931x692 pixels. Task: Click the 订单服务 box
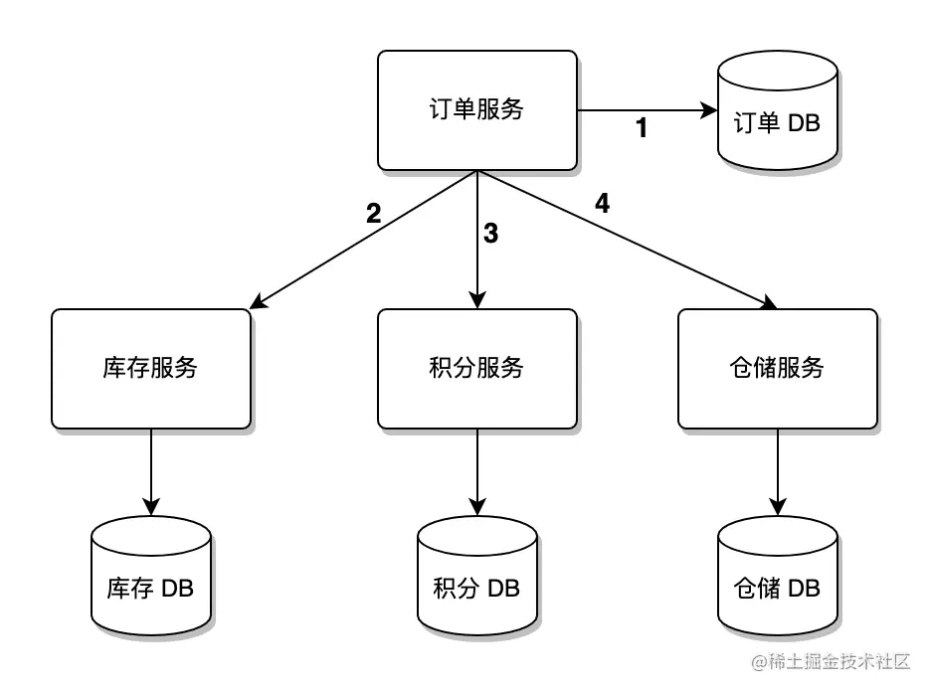click(x=477, y=109)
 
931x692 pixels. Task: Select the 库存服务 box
click(x=150, y=368)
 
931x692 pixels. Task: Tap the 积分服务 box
click(x=477, y=368)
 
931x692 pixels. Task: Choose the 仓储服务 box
click(x=777, y=368)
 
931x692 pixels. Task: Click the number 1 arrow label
click(x=642, y=128)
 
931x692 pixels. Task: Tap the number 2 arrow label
click(x=373, y=213)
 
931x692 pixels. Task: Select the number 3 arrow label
click(x=490, y=235)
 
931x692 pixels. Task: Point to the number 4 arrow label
click(x=602, y=204)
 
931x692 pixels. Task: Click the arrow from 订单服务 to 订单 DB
click(x=647, y=109)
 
